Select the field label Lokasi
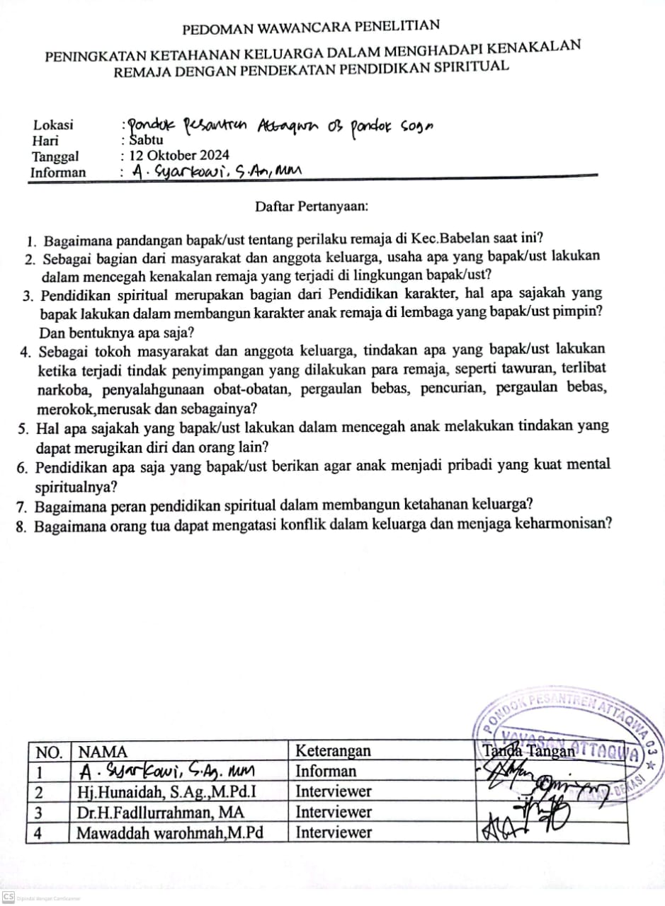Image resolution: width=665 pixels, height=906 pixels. tap(53, 125)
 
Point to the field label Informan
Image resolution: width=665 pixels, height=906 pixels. tap(58, 172)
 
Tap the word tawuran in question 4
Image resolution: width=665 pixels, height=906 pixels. tap(538, 369)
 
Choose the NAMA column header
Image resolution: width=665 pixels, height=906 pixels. tap(103, 752)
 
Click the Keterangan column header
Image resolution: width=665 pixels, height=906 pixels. tap(333, 751)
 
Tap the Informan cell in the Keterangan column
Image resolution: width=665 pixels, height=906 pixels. tap(326, 771)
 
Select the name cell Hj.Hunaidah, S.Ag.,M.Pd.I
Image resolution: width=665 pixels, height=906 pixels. tap(166, 791)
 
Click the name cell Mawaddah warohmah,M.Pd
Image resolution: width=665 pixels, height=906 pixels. tap(170, 832)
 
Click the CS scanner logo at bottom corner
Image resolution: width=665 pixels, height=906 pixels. tap(8, 896)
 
